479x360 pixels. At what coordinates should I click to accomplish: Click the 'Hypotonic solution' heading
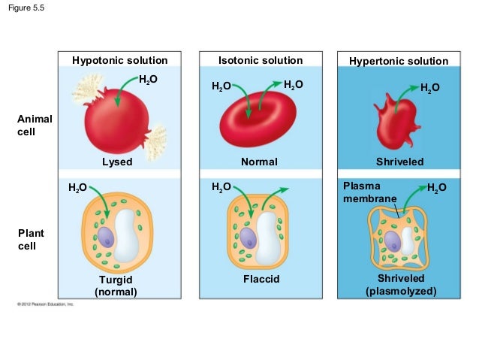pyautogui.click(x=119, y=60)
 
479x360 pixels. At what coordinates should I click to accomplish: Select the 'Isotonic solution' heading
pyautogui.click(x=260, y=60)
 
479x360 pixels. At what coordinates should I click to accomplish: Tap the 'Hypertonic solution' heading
pyautogui.click(x=399, y=61)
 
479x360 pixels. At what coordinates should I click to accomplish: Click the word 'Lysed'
pyautogui.click(x=117, y=162)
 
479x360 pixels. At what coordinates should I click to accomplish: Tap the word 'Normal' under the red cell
pyautogui.click(x=259, y=162)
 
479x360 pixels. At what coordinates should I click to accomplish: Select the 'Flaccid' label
pyautogui.click(x=261, y=279)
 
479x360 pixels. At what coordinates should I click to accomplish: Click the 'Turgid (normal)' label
pyautogui.click(x=116, y=285)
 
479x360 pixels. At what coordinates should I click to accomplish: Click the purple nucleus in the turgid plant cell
pyautogui.click(x=107, y=237)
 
